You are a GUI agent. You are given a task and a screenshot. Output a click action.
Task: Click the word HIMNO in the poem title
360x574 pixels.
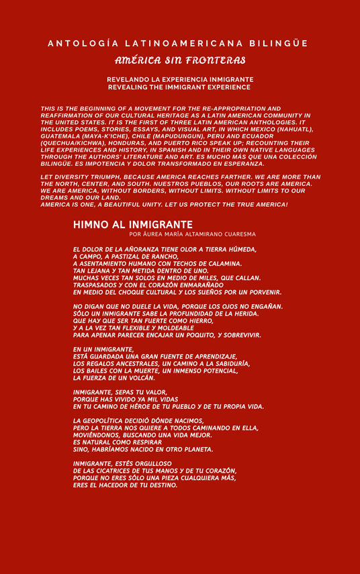point(91,224)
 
